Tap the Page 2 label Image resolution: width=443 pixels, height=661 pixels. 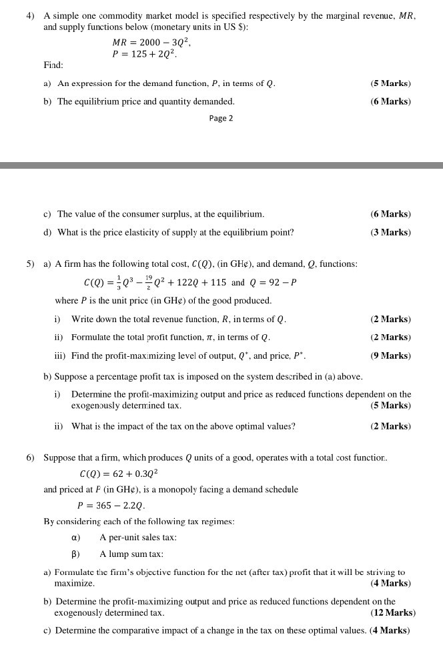pyautogui.click(x=221, y=118)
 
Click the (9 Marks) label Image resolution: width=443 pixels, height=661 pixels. pyautogui.click(x=390, y=356)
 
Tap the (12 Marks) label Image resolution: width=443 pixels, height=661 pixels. pyautogui.click(x=392, y=612)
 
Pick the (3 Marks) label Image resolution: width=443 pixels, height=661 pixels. pyautogui.click(x=390, y=233)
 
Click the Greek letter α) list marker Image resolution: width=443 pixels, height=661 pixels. pyautogui.click(x=76, y=538)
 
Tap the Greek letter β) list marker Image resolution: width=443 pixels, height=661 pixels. pyautogui.click(x=76, y=554)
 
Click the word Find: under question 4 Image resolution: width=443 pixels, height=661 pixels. pyautogui.click(x=53, y=65)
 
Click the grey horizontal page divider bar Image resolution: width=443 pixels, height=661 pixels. pyautogui.click(x=221, y=164)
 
